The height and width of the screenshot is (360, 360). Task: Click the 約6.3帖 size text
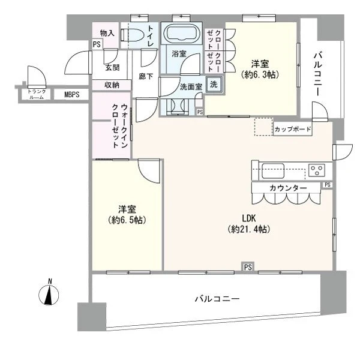[x=264, y=75]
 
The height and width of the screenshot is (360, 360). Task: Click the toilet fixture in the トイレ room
[x=133, y=36]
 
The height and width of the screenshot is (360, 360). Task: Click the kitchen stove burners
[x=316, y=169]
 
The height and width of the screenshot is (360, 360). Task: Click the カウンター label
[x=289, y=188]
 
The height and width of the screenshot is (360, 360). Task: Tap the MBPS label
[x=64, y=94]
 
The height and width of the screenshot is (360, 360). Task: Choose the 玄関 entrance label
[x=112, y=68]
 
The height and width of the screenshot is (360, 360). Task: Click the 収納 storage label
[x=111, y=85]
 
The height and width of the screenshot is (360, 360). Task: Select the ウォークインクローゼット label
[x=119, y=126]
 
